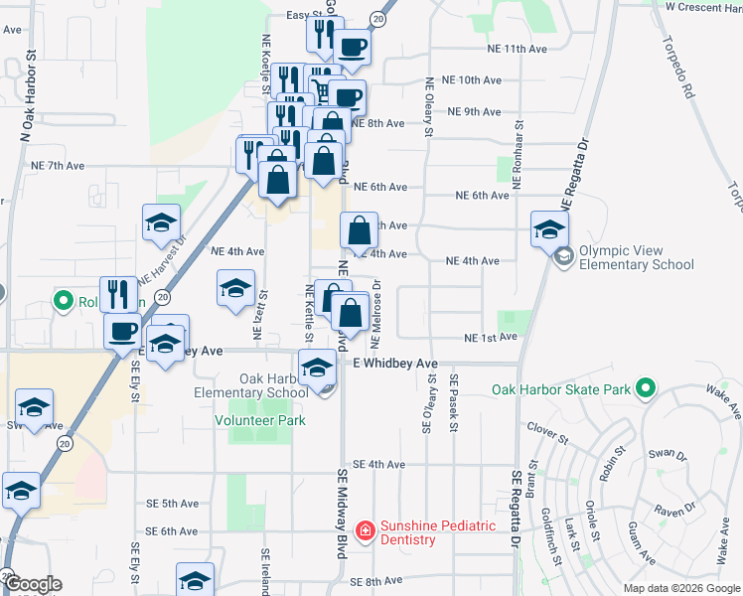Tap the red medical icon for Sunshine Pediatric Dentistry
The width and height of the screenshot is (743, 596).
click(x=366, y=531)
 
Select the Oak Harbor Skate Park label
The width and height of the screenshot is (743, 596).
click(x=561, y=388)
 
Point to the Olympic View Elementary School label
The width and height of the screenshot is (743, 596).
click(x=636, y=258)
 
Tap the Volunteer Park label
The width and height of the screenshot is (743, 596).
click(x=260, y=420)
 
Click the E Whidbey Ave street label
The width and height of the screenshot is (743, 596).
click(x=395, y=365)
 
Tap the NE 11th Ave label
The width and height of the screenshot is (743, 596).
click(x=518, y=48)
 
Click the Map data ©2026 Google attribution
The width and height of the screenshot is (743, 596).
click(x=680, y=588)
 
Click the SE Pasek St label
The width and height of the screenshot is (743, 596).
click(x=453, y=404)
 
